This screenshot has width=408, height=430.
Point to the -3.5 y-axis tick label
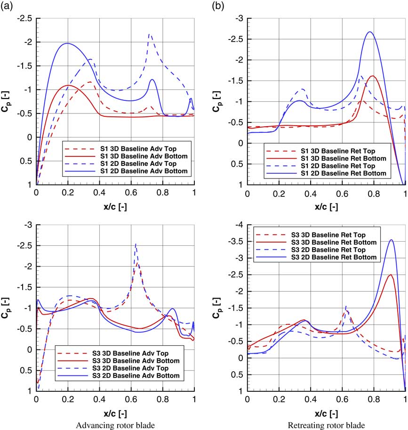pos(234,241)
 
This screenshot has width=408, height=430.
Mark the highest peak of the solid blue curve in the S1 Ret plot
pos(369,32)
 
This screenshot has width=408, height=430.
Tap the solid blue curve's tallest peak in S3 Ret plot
pos(391,240)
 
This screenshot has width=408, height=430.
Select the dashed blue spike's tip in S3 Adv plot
pos(136,244)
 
